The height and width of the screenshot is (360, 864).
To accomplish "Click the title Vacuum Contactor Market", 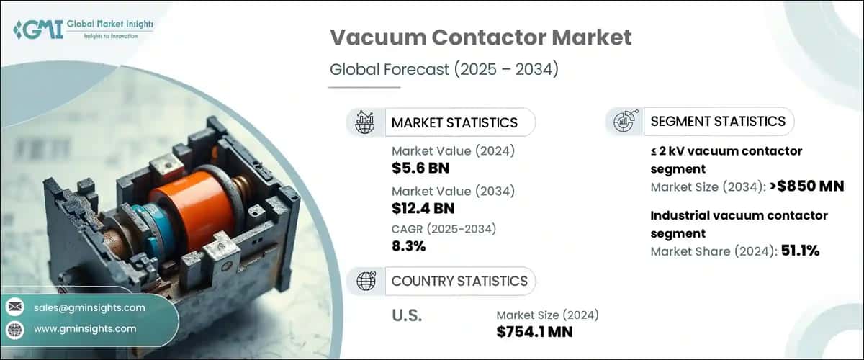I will (x=480, y=38).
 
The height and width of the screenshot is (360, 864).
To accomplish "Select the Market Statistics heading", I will (x=454, y=122).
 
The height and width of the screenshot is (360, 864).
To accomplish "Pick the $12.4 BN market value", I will (x=423, y=209).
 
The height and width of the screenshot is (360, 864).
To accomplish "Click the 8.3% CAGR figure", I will (x=409, y=247).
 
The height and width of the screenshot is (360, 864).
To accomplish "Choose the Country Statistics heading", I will (x=459, y=281).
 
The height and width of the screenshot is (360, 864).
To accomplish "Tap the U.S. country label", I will (x=407, y=316).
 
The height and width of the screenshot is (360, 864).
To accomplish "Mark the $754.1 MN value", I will (x=535, y=331).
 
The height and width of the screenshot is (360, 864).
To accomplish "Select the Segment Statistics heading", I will (x=717, y=121).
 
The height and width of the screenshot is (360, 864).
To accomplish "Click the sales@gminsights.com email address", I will (x=89, y=307).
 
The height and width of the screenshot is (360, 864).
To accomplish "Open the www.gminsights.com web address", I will (x=84, y=328).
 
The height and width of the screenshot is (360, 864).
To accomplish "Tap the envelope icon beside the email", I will (x=14, y=307).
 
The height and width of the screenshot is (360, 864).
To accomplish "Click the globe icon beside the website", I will (x=14, y=328).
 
